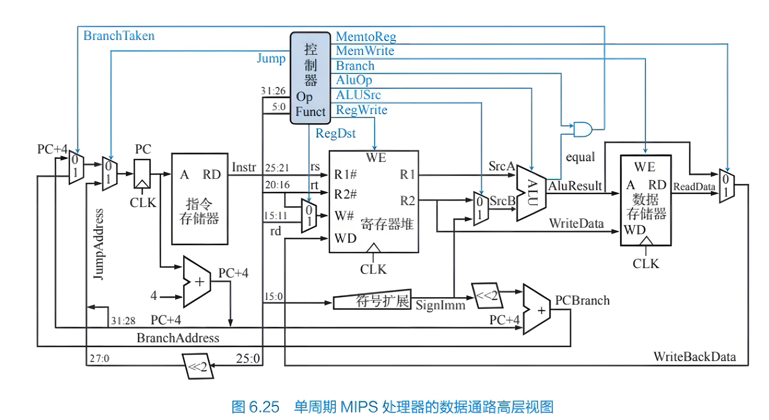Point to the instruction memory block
[x=200, y=198]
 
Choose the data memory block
[x=646, y=200]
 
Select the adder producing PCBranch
[x=537, y=309]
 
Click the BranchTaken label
[x=119, y=36]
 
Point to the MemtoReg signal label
[x=366, y=37]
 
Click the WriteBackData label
[x=694, y=356]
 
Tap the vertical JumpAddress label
[x=98, y=244]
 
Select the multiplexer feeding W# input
[x=309, y=216]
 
